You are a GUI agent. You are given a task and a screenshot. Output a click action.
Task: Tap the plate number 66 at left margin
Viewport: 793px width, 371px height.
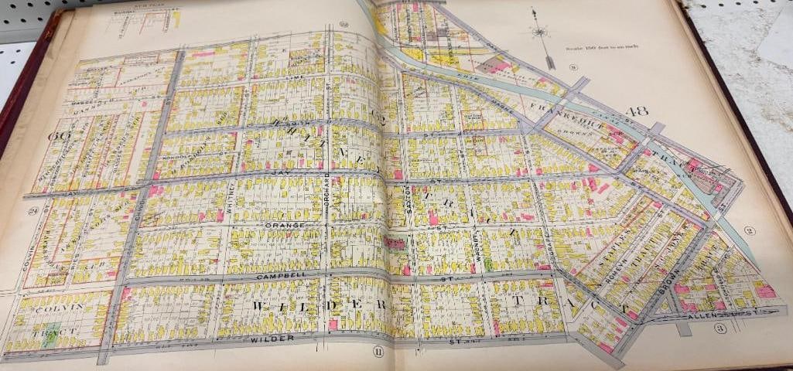point(55,136)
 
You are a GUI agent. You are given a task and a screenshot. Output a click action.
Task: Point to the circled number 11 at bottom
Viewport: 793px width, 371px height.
point(377,352)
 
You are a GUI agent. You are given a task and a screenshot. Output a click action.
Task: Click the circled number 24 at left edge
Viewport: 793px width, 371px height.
point(32,210)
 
